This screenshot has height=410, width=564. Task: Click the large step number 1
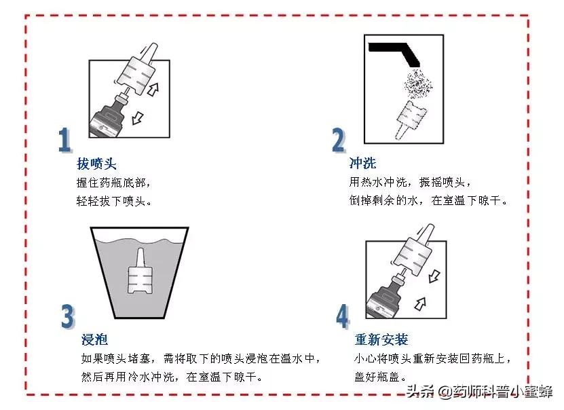64,140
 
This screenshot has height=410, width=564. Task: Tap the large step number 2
338,140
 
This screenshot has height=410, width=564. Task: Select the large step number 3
67,316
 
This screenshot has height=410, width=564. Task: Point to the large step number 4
342,316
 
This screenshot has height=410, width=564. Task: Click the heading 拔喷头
97,164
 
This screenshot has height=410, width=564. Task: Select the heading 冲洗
362,164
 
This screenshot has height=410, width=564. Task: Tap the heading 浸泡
94,339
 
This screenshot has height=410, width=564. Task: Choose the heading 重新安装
381,339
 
